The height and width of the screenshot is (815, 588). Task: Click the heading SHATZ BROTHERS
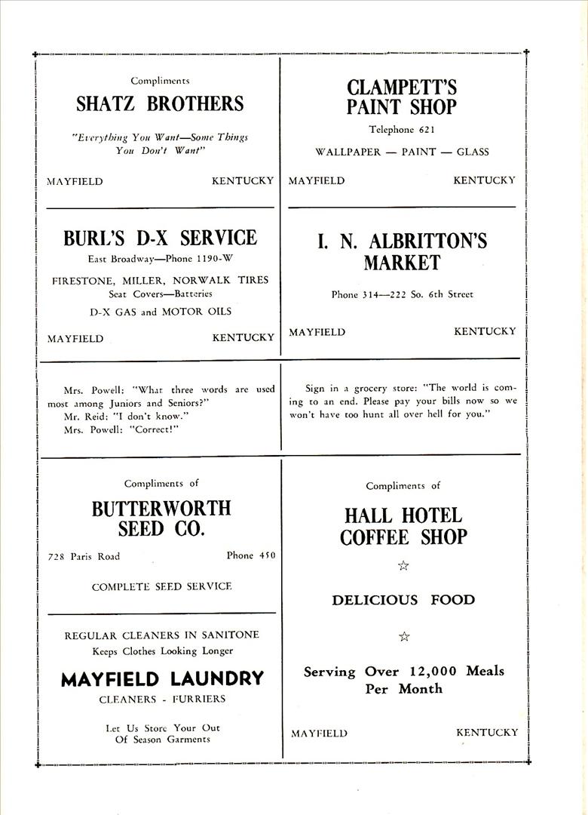tap(160, 104)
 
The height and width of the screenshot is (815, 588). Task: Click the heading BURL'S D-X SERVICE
tap(160, 238)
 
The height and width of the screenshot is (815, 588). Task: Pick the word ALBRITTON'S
tap(427, 241)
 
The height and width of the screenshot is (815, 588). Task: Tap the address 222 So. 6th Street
tap(427, 294)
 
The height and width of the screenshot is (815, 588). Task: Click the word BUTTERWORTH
tap(161, 509)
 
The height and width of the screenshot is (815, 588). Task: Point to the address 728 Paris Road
tap(84, 557)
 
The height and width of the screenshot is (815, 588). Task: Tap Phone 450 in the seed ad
tap(251, 555)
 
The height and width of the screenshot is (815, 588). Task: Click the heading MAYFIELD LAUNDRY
tap(162, 679)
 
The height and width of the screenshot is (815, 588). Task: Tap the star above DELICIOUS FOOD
tap(403, 565)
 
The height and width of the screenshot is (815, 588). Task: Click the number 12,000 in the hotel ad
tap(430, 671)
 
